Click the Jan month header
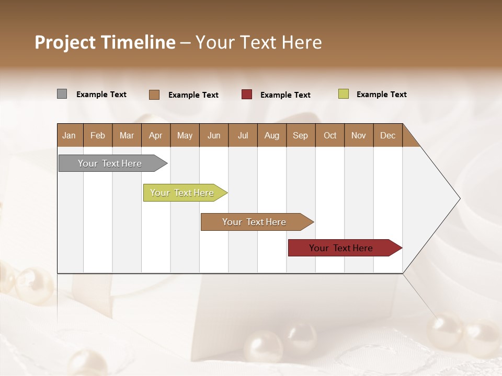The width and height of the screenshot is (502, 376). coord(69,135)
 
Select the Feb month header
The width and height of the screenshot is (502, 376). coord(98,135)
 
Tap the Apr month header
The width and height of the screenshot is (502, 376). coord(155,135)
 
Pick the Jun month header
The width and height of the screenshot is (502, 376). coord(214,135)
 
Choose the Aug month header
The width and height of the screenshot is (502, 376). coord(271,135)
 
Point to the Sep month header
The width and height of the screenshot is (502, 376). coord(300,135)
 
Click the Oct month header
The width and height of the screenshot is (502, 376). coord(330,135)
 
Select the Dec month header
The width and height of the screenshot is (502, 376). coord(387,135)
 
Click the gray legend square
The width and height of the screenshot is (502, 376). coord(62,94)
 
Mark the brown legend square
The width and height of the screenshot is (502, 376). coord(154,95)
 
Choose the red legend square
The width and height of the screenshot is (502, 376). coord(247,95)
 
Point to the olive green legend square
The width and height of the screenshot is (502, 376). coord(343,94)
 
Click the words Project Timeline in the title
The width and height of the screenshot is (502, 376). coord(105,42)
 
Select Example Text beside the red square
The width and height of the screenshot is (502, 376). coord(285,95)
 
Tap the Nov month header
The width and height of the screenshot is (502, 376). coord(358,135)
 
